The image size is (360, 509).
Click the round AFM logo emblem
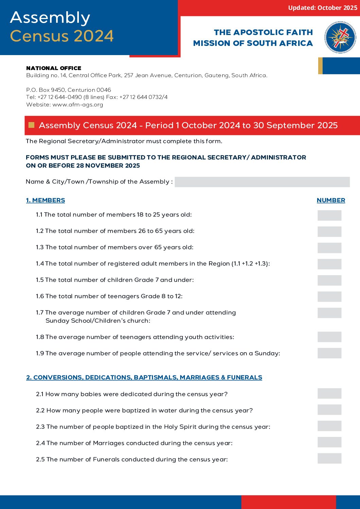(x=340, y=37)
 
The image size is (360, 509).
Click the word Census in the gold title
(x=39, y=36)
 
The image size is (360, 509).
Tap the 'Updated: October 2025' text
(x=322, y=8)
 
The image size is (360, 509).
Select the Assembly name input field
(x=262, y=182)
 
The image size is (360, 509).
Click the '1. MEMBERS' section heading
(x=46, y=200)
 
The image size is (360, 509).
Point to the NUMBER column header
(x=331, y=200)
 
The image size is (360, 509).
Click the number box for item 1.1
(x=329, y=215)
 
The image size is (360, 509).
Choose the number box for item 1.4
(x=329, y=264)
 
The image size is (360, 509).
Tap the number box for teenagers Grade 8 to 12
(x=329, y=296)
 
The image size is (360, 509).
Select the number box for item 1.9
(x=329, y=353)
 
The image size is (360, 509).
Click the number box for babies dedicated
(x=329, y=394)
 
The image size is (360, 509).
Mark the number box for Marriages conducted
(x=329, y=442)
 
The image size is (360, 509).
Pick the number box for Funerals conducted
(x=329, y=459)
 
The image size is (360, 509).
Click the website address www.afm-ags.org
(x=78, y=105)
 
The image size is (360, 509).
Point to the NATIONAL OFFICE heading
(x=54, y=68)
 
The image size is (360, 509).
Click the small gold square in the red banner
(x=32, y=125)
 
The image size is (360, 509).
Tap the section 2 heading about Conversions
(x=144, y=377)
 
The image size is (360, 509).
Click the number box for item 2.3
(x=329, y=426)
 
